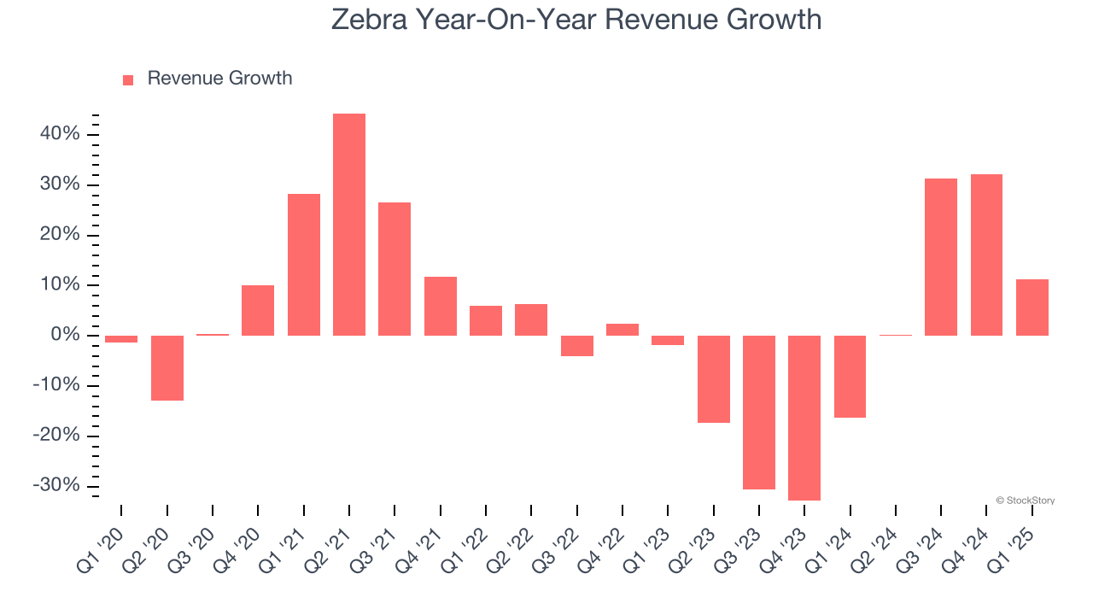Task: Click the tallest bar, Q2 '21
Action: (349, 225)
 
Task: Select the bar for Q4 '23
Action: (804, 418)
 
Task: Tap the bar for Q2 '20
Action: (167, 368)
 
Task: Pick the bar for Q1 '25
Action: (1032, 307)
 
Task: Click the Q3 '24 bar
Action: (941, 257)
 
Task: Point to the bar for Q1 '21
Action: (304, 265)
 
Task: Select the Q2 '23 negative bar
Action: (714, 379)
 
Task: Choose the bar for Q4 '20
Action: (258, 310)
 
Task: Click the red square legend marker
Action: (128, 80)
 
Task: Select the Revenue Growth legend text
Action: (219, 79)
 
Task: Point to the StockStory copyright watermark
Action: (1025, 501)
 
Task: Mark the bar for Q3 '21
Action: (395, 269)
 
